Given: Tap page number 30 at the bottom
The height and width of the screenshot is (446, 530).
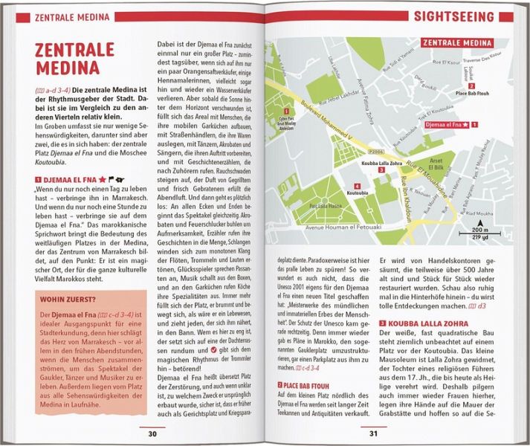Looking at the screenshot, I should [x=153, y=433].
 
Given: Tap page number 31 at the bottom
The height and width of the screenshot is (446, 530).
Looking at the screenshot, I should [x=374, y=433].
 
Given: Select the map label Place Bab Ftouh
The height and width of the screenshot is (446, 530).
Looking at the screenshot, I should [x=471, y=94].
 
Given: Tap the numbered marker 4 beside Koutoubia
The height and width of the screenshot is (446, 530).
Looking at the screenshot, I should [x=358, y=186].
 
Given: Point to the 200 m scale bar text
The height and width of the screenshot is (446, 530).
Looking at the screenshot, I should [x=480, y=233].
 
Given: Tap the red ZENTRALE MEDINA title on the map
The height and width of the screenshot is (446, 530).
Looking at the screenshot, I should [x=458, y=42].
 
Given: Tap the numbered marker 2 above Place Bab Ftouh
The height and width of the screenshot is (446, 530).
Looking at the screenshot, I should [x=471, y=85].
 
